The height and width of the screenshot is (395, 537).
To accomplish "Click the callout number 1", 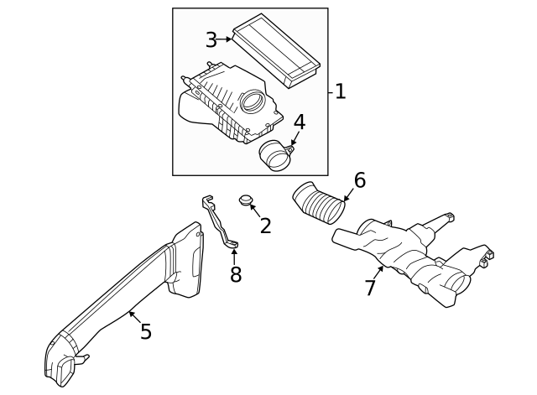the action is coord(340,91).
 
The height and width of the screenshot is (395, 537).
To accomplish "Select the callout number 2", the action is coord(265,226).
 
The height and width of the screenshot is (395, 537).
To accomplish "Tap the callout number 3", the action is coord(211,39).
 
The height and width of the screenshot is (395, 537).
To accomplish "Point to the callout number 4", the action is coord(300,122).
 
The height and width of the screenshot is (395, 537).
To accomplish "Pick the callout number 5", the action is coord(146,331).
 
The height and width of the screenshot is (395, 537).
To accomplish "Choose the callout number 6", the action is coord(360,180).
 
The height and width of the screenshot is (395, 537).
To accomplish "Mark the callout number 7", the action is coord(370,288).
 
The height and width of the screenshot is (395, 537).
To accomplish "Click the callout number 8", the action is coord(236,274).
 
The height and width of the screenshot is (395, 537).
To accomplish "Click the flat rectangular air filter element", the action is coord(276,50).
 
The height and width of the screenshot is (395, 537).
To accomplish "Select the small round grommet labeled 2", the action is coord(245,200).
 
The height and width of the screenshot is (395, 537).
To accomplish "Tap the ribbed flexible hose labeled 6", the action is coord(319,203).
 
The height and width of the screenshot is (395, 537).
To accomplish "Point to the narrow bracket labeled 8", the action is coord(219,221).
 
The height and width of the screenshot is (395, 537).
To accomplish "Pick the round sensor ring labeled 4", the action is coord(276,156).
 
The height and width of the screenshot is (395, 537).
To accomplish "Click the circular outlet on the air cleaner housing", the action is coord(253,101).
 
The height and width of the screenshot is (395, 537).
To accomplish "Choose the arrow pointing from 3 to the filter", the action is coord(224,39).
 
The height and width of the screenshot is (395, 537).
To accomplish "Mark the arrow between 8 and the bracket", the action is coord(234,257).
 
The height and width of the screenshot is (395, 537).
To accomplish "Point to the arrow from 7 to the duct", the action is coord(378,273).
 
